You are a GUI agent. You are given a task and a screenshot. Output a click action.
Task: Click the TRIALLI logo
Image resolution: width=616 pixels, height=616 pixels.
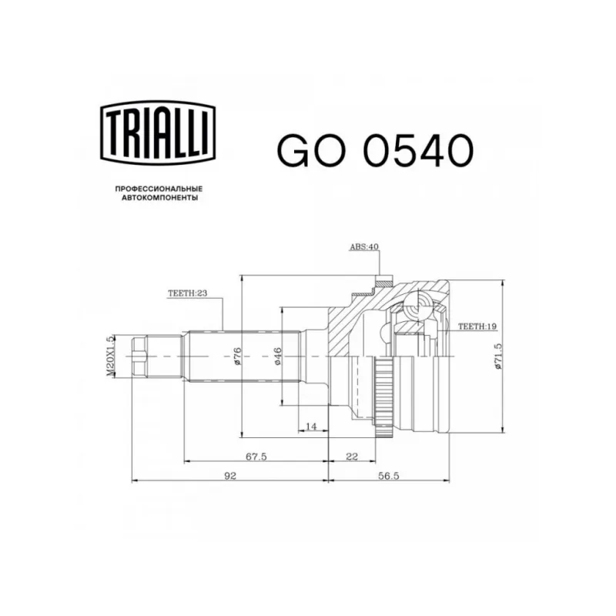point(158,132)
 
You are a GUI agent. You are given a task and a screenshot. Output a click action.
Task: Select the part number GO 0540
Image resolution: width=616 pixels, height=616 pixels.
point(375,150)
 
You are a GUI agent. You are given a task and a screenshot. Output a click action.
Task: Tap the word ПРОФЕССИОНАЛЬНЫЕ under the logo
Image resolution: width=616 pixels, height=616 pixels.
point(159,189)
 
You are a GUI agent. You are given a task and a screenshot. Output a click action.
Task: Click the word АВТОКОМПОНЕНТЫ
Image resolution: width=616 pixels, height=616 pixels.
point(159,198)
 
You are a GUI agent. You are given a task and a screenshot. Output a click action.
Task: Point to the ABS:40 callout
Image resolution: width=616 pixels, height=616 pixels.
point(363,246)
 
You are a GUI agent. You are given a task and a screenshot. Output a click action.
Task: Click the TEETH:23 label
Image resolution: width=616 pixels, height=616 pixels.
point(187,293)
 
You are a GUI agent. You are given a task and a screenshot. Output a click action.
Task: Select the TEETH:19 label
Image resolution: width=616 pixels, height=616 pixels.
point(477,326)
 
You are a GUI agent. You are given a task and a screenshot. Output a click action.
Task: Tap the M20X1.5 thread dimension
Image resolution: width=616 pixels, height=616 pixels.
point(110,356)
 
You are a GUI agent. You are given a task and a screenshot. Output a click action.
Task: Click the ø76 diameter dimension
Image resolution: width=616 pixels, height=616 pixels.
point(238,357)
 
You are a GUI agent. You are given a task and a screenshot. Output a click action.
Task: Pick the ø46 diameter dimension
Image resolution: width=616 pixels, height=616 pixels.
point(277,357)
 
